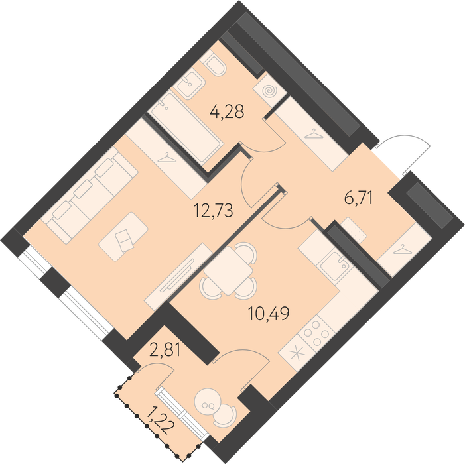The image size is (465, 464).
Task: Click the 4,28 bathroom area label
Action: [227, 112]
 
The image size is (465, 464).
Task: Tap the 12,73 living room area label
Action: [213, 210]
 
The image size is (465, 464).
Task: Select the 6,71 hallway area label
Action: [358, 198]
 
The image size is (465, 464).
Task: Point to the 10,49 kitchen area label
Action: [269, 314]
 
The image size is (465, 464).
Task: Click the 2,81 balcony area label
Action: [165, 351]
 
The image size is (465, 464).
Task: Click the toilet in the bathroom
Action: [214, 62]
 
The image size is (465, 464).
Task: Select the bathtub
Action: [187, 128]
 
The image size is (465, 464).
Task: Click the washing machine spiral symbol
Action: [270, 91]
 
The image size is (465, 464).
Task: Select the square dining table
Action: [228, 270]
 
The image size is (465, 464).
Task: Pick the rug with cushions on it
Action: [123, 237]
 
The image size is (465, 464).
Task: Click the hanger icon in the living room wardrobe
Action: [167, 158]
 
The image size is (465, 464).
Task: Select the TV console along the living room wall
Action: [178, 276]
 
